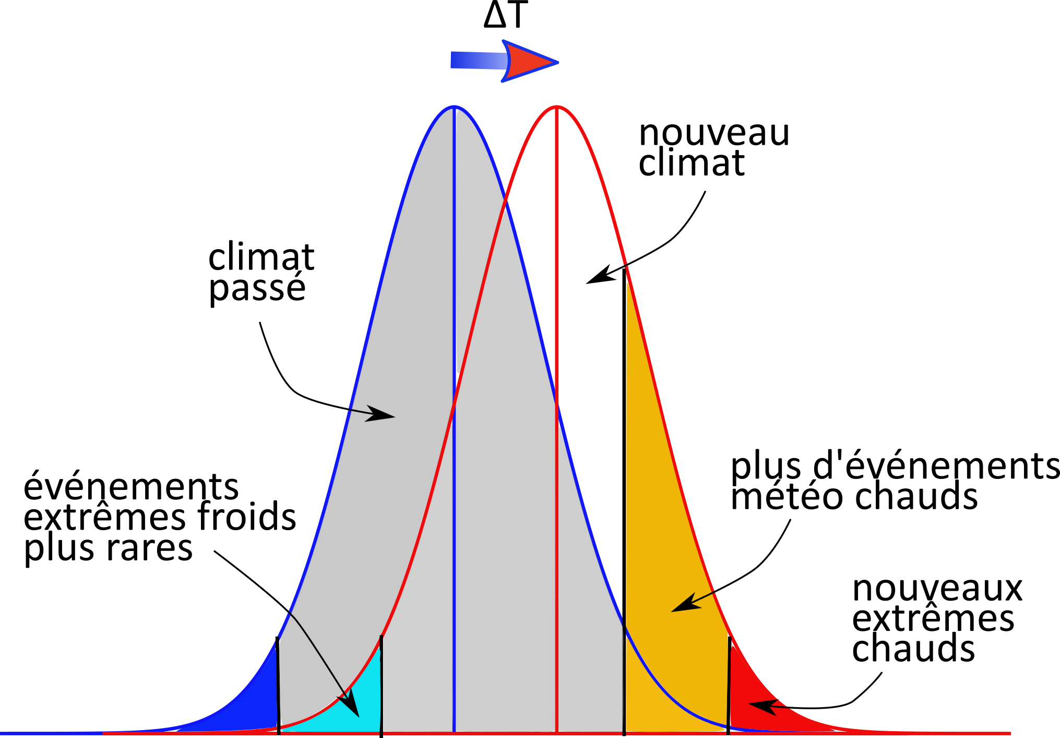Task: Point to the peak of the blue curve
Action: pyautogui.click(x=455, y=107)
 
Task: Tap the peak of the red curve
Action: pyautogui.click(x=557, y=107)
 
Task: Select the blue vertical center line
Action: pyautogui.click(x=455, y=261)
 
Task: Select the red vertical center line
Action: pyautogui.click(x=557, y=261)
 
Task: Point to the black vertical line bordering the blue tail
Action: pyautogui.click(x=278, y=684)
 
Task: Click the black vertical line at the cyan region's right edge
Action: pyautogui.click(x=382, y=684)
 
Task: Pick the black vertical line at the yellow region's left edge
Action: pyautogui.click(x=624, y=679)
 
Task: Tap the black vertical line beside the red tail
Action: pyautogui.click(x=729, y=684)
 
